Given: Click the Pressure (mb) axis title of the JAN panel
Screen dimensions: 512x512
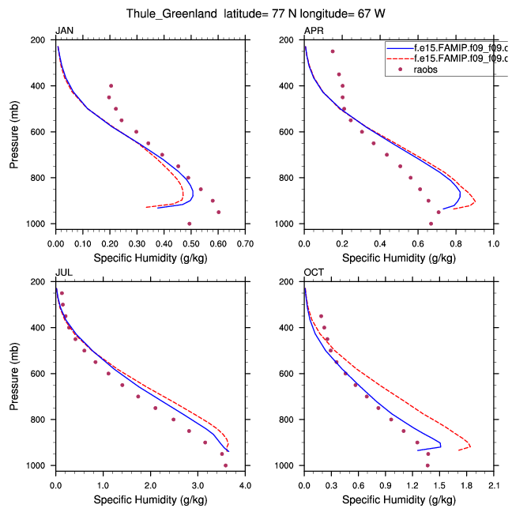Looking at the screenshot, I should tap(15, 132).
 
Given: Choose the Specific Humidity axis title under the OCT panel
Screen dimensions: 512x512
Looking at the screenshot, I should tap(398, 499).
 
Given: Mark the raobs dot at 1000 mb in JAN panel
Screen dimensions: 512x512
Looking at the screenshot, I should tap(189, 224).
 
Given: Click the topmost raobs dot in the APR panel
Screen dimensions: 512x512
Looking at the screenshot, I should tap(333, 51).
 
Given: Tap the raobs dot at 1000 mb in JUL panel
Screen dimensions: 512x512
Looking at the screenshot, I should tap(225, 465).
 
